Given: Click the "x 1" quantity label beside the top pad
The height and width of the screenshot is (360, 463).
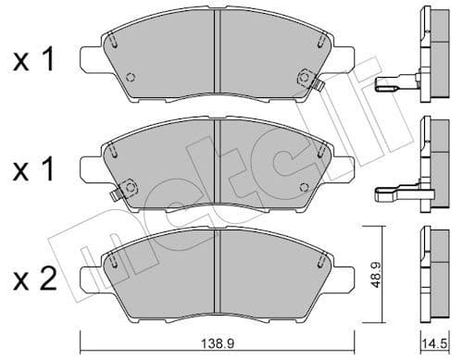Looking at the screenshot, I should pos(33,62).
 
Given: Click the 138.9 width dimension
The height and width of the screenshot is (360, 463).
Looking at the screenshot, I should pos(217,342).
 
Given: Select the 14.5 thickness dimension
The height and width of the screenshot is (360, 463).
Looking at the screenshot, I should pos(433,342).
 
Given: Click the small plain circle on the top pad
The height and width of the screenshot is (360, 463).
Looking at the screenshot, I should pos(130,78).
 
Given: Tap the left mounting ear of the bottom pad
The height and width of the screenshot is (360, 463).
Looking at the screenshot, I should pos(91,275).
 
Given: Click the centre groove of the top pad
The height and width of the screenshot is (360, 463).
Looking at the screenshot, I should pos(217,56).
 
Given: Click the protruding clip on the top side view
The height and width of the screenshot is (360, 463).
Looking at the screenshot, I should pos(393,86).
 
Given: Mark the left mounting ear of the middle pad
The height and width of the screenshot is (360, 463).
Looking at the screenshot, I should pos(91,167).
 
